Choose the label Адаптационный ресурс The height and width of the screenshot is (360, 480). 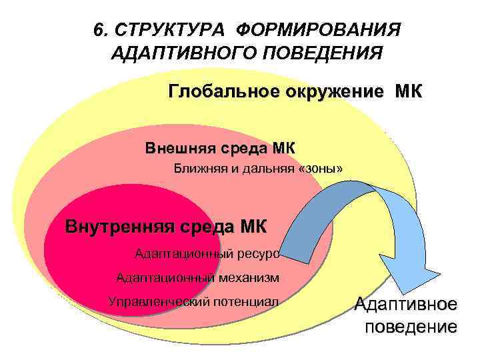207,253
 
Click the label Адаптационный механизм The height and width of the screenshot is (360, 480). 197,277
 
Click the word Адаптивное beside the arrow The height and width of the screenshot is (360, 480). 406,305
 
